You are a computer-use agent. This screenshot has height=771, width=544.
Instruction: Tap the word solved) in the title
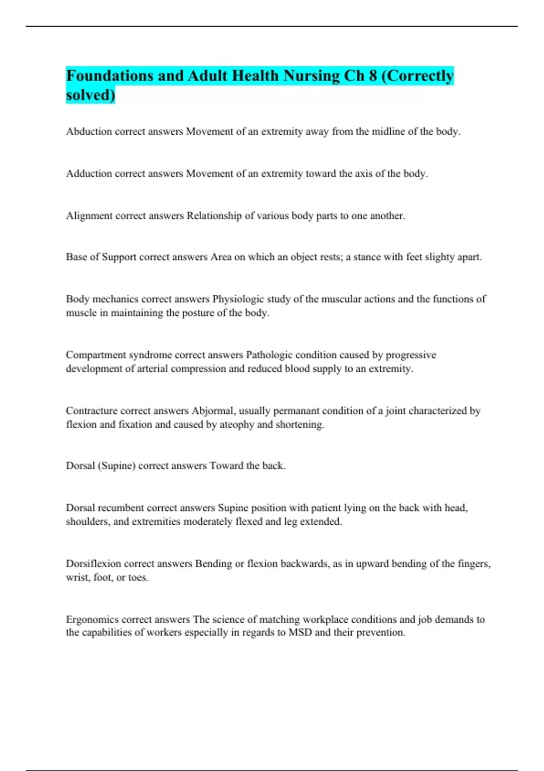click(x=91, y=95)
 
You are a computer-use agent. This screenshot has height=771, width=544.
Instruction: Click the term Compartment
click(x=96, y=355)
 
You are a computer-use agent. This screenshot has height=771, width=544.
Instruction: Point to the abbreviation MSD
click(x=300, y=633)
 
